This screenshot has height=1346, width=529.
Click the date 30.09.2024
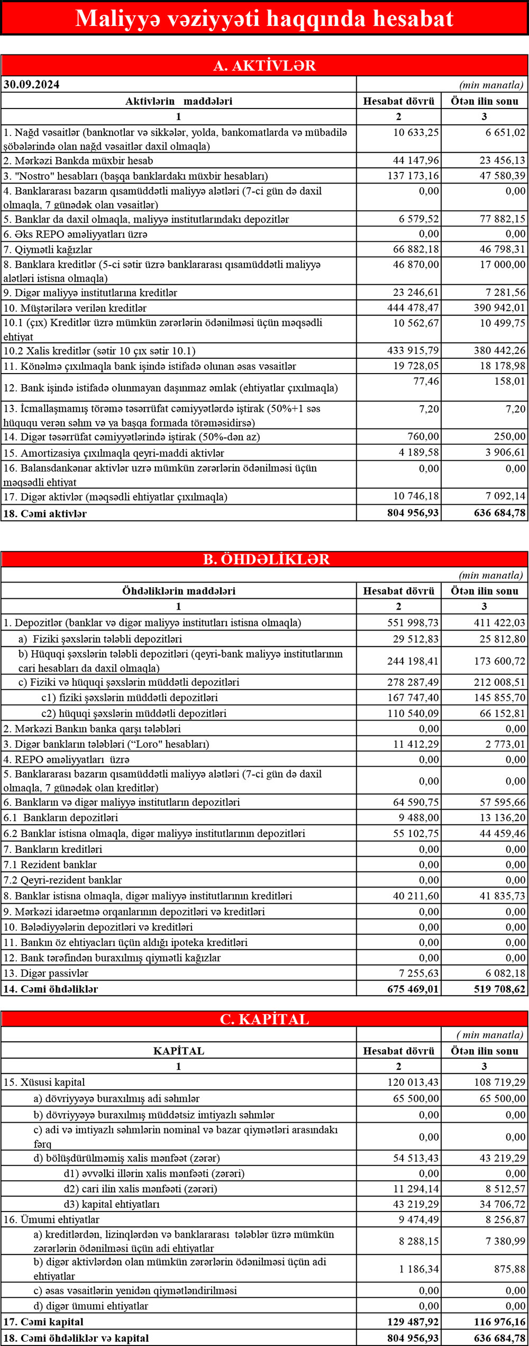32,85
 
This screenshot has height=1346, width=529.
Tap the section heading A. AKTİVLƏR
264,66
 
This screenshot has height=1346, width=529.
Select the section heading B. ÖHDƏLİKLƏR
266,559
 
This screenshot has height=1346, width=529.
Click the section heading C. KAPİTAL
264,1020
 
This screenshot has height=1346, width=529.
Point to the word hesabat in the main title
413,19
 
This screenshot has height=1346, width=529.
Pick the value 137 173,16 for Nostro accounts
413,176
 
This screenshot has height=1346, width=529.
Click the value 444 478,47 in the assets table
413,308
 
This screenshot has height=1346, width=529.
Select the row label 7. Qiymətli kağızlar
48,250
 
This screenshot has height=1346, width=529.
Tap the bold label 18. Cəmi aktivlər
45,514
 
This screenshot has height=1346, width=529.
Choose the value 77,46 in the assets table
426,381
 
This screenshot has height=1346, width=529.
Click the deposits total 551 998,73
413,623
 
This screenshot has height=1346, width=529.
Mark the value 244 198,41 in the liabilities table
413,661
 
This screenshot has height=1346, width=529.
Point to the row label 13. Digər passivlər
47,973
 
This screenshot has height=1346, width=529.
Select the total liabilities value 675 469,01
413,989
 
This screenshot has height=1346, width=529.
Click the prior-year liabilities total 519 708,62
499,989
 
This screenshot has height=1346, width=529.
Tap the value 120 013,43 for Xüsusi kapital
413,1082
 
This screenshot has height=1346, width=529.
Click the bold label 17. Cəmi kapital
43,1322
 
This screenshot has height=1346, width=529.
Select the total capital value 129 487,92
413,1322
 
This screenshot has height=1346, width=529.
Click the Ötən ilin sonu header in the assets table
485,101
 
